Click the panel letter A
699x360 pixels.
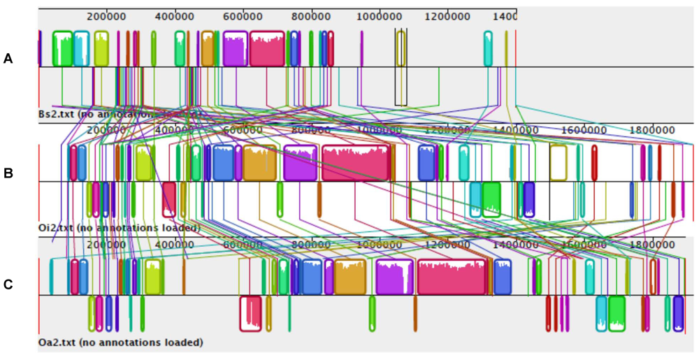click(x=8, y=59)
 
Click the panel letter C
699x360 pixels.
click(x=8, y=285)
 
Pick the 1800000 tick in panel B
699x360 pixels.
click(x=651, y=130)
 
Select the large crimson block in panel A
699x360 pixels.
click(x=267, y=48)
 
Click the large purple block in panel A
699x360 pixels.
click(x=236, y=48)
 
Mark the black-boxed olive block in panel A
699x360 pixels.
click(x=401, y=48)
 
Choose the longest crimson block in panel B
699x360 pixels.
click(x=355, y=163)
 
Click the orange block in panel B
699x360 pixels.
click(x=259, y=163)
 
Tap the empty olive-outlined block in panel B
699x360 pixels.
click(x=558, y=163)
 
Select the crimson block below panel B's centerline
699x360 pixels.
click(x=169, y=199)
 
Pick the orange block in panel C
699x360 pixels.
click(x=350, y=277)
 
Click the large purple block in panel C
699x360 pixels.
click(x=394, y=277)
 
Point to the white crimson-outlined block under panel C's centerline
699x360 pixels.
click(x=250, y=313)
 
